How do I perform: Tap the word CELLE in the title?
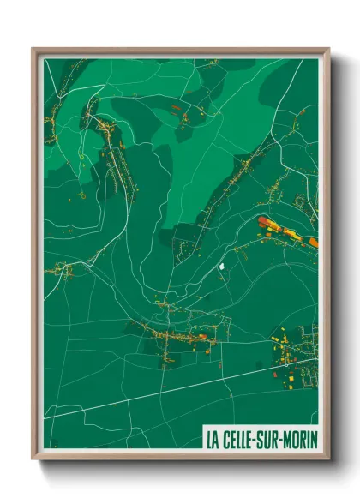[x=239, y=439]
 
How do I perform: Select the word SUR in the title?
[x=271, y=439]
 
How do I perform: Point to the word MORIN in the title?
[x=301, y=439]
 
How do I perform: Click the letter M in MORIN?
[x=288, y=439]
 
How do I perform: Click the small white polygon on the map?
[x=225, y=267]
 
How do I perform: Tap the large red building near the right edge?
[x=264, y=222]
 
